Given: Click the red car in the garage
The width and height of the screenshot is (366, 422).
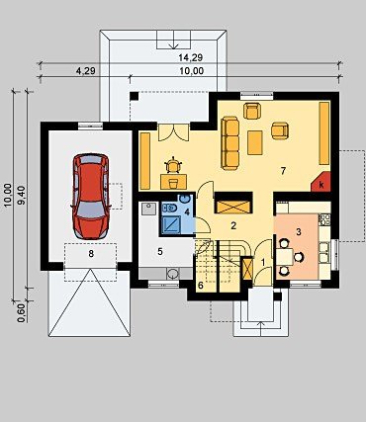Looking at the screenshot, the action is pos(90,196).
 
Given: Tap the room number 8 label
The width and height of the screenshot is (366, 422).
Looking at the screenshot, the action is pos(91,253).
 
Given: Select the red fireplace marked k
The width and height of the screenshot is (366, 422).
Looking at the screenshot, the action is pos(320,182).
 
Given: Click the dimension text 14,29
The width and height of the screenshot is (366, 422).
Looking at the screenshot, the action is pos(190,58).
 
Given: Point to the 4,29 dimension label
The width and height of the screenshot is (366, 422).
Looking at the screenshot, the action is pos(86,71).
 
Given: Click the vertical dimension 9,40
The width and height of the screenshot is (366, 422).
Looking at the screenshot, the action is pos(22,195).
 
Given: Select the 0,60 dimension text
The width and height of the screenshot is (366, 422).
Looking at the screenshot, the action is pos(21,313).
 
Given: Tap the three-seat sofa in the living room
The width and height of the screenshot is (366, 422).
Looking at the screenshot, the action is pos(230,143).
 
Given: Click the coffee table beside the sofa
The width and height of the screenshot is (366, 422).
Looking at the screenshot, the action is pos(255,142).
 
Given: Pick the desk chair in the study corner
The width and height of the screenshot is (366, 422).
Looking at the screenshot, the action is pos(173,166).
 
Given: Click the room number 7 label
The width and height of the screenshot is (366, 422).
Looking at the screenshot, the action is pos(283,171).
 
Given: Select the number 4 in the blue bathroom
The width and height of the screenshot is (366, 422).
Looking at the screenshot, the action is pos(187,211).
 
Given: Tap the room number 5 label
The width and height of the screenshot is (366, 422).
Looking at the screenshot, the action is pos(160,252).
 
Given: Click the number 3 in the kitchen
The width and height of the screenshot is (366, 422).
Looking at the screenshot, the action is pos(298,232).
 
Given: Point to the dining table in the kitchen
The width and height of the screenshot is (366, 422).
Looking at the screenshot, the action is pos(285,257).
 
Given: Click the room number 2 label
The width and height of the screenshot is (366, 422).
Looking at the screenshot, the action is pos(233,226).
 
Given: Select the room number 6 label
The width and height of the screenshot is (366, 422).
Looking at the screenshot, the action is pos(201,286).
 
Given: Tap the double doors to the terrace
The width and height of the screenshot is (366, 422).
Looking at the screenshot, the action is pos(173,132).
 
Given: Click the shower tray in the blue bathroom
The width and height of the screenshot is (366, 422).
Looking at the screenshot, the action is pos(171,224).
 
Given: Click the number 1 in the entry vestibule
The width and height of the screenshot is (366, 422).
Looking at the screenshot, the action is pos(263,262).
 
